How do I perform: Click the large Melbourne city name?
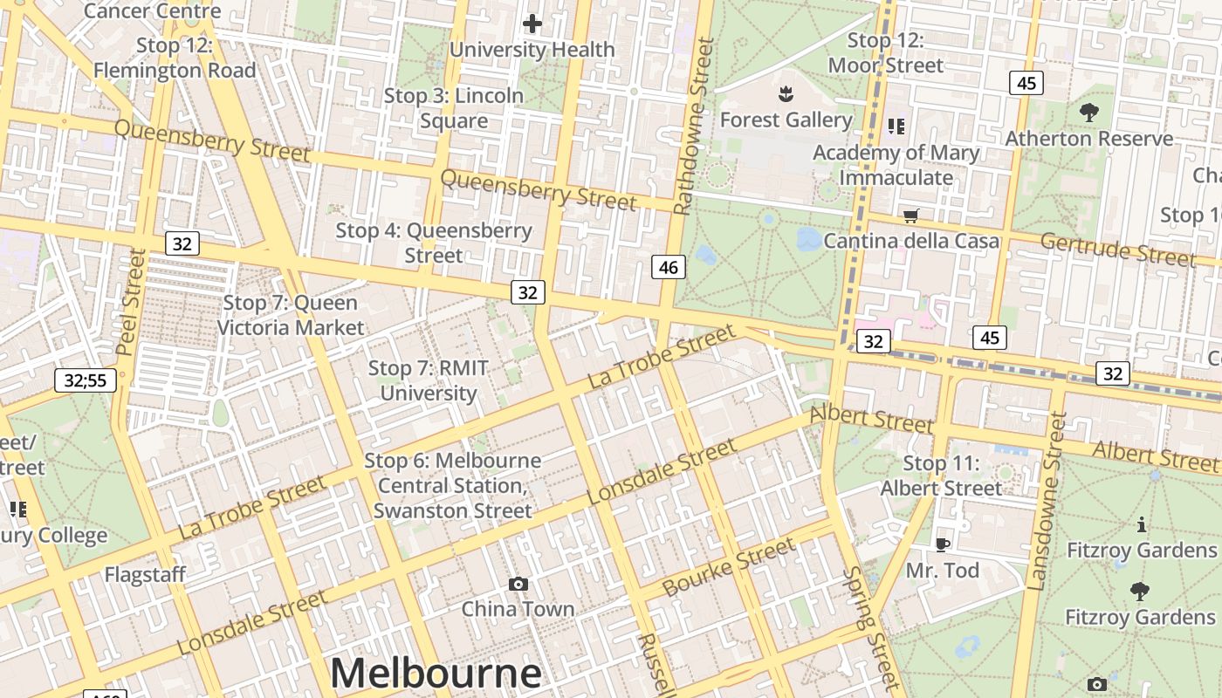point(436,673)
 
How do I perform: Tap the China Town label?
point(518,609)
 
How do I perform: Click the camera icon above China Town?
point(518,584)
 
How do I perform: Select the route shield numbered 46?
point(669,267)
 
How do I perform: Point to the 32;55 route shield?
point(86,380)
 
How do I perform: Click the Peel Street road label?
point(129,302)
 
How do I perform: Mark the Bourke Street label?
point(729,567)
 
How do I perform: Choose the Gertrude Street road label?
point(1117,250)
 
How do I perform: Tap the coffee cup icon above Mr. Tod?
point(942,545)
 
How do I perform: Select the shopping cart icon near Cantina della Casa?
point(911,216)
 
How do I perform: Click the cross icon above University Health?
point(532,24)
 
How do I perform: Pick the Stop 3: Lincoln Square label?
point(454,108)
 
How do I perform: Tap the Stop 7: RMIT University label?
point(428,380)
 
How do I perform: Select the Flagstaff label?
point(145,574)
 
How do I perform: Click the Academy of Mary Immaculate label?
point(896,165)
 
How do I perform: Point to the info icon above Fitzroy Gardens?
point(1141,525)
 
